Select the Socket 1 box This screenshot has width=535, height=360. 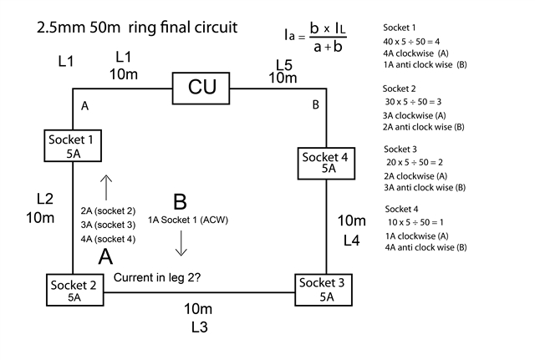(x=74, y=145)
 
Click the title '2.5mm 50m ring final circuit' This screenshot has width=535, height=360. (x=138, y=28)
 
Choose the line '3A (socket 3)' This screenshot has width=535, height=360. (x=109, y=225)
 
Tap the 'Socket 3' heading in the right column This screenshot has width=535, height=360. (x=404, y=149)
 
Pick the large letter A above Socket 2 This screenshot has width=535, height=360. (x=105, y=256)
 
